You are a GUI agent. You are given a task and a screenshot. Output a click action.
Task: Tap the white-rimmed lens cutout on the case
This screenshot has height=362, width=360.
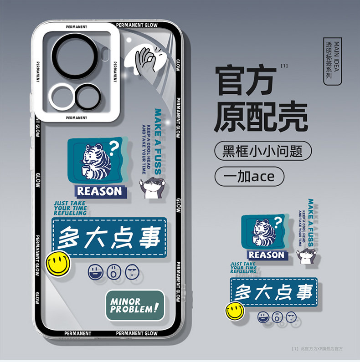coord(62,97)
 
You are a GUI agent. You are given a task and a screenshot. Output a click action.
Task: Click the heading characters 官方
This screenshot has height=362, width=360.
coord(246,80)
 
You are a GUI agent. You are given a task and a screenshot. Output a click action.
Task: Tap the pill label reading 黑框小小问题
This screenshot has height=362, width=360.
coord(263,151)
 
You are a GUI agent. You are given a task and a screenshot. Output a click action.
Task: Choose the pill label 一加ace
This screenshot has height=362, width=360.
coord(249,176)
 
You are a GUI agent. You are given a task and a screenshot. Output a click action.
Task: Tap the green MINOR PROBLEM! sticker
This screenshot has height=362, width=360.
coord(134,305)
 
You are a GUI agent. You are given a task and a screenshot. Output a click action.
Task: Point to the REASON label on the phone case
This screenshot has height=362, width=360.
coord(99,191)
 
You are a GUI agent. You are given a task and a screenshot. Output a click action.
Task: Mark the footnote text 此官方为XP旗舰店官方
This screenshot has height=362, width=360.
coord(319,348)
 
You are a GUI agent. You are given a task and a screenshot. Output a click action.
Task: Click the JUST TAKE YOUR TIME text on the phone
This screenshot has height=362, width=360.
coord(70,208)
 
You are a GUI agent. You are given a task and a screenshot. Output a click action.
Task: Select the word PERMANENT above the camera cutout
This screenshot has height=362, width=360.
coord(76,27)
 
